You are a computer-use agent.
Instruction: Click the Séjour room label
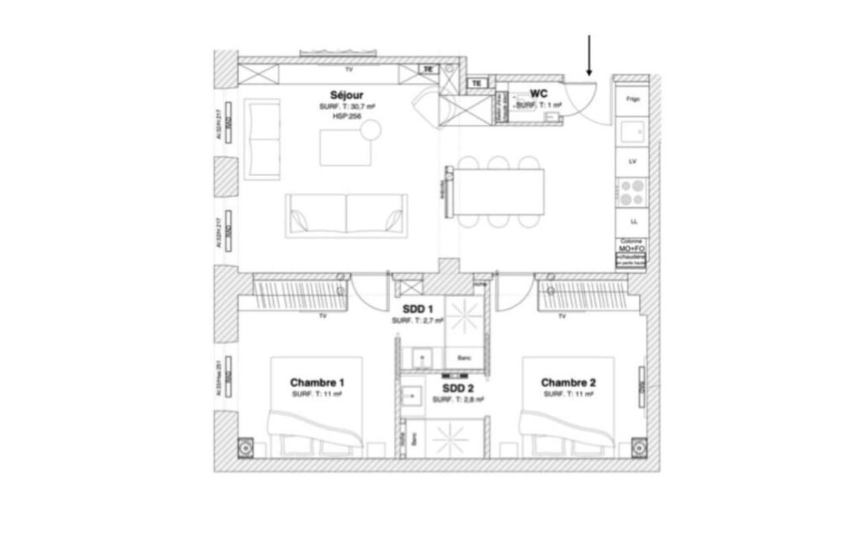click(341, 95)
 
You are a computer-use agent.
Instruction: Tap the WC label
click(539, 93)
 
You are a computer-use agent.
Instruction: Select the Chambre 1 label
click(317, 382)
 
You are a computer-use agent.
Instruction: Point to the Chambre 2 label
click(569, 382)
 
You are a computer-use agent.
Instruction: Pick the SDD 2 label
click(458, 388)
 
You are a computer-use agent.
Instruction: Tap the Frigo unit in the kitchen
click(632, 99)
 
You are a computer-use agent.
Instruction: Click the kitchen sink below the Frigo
click(632, 132)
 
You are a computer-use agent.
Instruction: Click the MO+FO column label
click(632, 247)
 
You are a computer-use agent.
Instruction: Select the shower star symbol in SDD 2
click(449, 440)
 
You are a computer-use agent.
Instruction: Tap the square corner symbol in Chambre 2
click(638, 448)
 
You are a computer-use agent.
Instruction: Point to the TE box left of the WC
click(477, 83)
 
